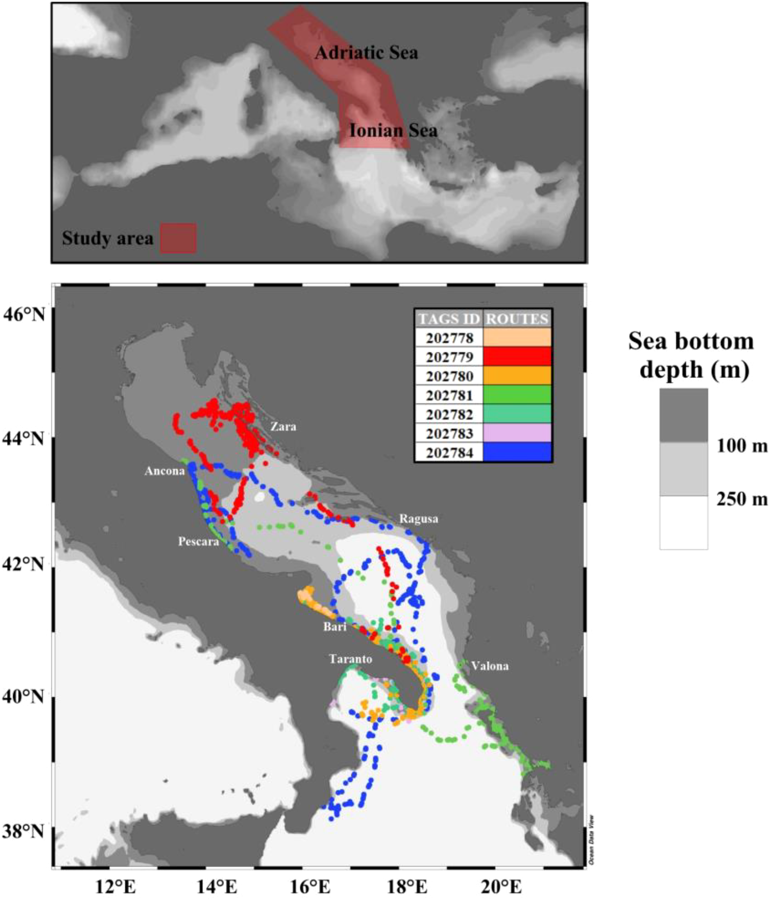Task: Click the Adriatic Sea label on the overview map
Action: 366,53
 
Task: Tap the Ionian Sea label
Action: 393,131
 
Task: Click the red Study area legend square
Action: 178,238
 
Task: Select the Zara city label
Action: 283,426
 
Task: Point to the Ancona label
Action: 164,471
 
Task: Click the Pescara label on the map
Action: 198,542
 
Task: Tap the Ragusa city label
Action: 419,519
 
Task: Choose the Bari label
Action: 335,626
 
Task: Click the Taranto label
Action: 351,659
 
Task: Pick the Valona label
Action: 489,666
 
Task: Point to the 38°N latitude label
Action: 25,832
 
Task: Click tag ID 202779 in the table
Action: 449,357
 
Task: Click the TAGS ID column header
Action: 449,319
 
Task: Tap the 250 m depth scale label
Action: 742,499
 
